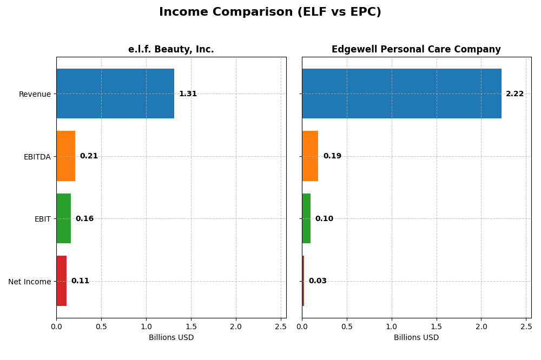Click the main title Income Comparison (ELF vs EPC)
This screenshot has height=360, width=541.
270,12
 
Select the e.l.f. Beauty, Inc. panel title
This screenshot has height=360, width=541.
171,49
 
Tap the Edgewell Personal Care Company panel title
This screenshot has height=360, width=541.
416,49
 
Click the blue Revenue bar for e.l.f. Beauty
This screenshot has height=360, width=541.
115,94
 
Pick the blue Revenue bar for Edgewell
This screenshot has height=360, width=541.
401,94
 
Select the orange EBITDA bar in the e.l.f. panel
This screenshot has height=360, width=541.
66,156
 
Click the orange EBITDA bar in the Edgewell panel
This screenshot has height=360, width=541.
310,156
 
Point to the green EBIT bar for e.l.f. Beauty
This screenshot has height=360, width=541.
64,218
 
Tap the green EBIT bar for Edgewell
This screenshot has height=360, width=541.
306,218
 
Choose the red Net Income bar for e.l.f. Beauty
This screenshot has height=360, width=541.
62,281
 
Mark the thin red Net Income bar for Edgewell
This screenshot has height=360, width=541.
303,281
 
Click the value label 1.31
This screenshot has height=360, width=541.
188,94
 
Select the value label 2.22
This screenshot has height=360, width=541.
514,94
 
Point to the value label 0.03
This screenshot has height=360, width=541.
318,281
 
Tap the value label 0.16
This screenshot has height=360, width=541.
84,218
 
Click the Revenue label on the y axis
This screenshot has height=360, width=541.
35,94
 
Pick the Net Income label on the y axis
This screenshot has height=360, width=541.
29,281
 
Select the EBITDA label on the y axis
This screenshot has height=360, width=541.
37,157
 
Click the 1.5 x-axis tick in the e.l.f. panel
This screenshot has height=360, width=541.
191,326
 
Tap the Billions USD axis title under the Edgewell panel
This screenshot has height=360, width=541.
416,337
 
